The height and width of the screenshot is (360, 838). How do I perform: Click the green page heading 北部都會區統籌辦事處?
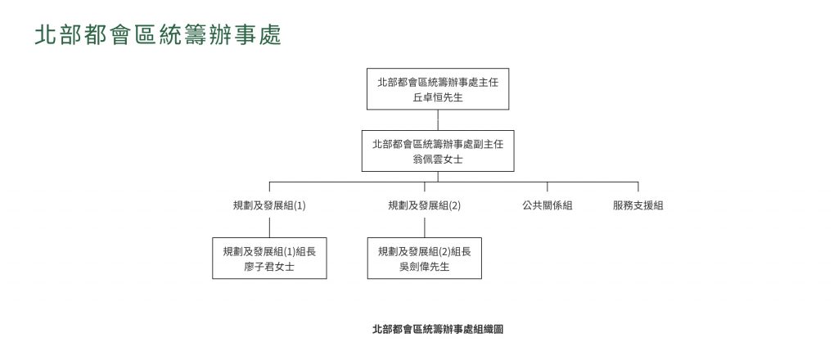coord(158,35)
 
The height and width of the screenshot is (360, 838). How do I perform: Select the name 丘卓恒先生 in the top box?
coord(438,97)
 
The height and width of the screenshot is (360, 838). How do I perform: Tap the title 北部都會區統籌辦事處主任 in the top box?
coord(438,83)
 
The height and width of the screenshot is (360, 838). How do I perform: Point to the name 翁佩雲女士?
coord(438,160)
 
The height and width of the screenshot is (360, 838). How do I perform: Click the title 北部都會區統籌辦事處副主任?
coord(438,144)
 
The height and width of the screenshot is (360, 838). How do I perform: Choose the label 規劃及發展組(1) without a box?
coord(269,205)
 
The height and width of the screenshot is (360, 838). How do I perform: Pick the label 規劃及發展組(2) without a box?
coord(425,205)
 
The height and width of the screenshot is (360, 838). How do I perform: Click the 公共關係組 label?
coord(547,205)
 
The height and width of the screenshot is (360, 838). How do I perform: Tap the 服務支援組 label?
coord(638,205)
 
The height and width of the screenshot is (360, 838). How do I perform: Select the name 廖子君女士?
coord(269,267)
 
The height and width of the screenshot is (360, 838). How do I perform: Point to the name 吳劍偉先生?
coord(425,267)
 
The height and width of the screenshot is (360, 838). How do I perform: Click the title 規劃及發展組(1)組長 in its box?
coord(269,251)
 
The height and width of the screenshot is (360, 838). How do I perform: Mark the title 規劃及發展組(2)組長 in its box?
coord(425,251)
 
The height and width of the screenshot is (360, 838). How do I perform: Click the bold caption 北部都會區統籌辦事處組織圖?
coord(438,329)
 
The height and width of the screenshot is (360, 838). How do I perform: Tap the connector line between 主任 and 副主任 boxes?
coord(438,120)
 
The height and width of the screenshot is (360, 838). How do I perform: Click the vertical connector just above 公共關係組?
coord(547,187)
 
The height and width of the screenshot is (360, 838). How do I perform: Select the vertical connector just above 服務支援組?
coord(638,187)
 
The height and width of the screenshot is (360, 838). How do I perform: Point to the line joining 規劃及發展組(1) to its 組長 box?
coord(269,227)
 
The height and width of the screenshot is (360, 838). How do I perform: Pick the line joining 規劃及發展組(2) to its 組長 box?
coord(425,227)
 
